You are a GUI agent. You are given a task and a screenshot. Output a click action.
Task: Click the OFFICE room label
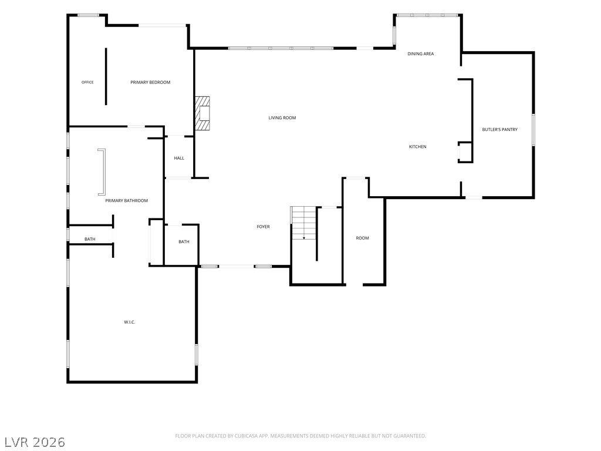click(87, 82)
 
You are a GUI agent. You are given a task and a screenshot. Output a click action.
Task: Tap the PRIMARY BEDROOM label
click(150, 82)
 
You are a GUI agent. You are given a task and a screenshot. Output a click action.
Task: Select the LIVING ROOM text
click(282, 117)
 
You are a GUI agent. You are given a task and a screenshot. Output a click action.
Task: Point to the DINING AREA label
click(420, 53)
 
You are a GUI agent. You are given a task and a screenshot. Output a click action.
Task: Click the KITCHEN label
click(417, 146)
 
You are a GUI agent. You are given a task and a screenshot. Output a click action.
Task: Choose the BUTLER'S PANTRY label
click(500, 130)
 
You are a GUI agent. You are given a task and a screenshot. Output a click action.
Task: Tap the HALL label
click(179, 158)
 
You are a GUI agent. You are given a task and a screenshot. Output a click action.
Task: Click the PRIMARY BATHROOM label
click(127, 201)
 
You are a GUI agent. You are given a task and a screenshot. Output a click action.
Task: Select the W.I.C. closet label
click(130, 322)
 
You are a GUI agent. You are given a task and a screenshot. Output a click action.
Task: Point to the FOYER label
click(264, 227)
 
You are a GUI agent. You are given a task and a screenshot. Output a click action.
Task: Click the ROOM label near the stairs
click(362, 238)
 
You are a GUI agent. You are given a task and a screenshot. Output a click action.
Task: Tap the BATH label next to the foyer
click(184, 241)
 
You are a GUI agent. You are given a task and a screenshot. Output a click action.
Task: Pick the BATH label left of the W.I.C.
click(90, 240)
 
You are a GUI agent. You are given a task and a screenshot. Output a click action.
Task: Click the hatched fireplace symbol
click(202, 113)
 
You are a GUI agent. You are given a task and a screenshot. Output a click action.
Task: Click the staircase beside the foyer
click(303, 223)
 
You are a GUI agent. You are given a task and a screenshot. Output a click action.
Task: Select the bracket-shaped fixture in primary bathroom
click(103, 172)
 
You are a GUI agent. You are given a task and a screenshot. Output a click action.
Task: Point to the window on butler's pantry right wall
click(533, 130)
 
